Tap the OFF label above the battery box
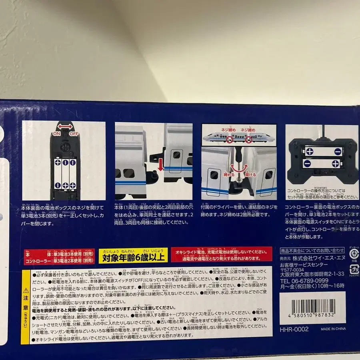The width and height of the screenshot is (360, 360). [74, 134]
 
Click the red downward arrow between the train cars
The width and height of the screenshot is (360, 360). [160, 164]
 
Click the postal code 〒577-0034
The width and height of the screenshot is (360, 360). [291, 270]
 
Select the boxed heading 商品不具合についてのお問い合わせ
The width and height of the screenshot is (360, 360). [312, 250]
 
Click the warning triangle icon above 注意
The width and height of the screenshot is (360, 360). [25, 289]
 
